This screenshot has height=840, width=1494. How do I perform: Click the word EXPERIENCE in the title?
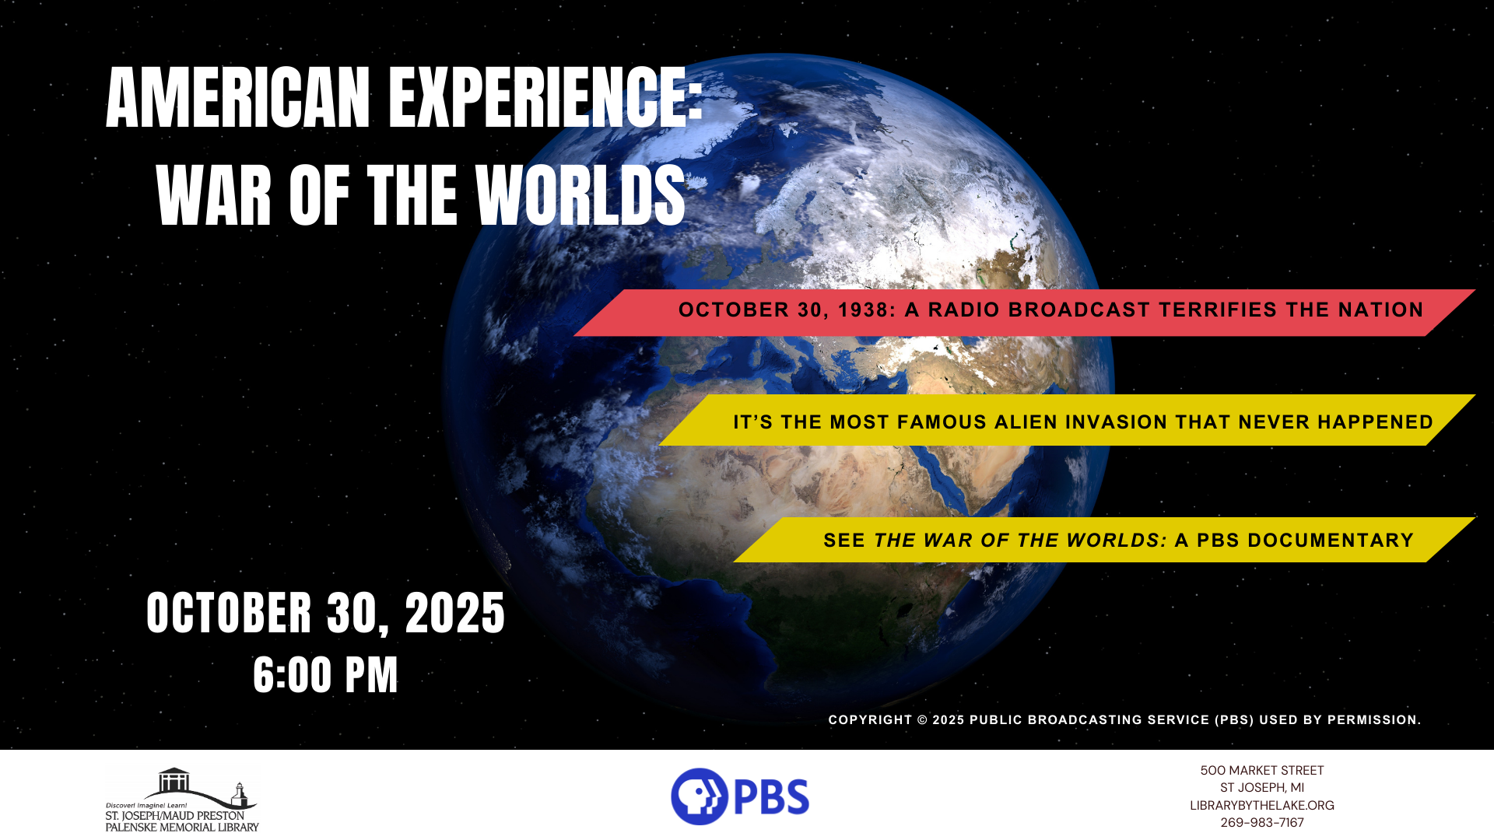(545, 98)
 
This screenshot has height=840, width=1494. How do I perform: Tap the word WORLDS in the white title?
(580, 196)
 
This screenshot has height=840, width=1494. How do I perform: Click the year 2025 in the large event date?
(455, 614)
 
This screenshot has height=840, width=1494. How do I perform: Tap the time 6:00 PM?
(325, 675)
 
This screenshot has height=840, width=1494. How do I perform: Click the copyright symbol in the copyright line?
(922, 720)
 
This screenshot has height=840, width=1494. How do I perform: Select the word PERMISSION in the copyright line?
(1373, 720)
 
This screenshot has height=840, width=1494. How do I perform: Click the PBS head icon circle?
(699, 796)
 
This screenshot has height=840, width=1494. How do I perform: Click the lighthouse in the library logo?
(239, 796)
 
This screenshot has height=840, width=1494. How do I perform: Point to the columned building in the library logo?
(174, 780)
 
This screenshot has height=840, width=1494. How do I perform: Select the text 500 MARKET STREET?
(1261, 771)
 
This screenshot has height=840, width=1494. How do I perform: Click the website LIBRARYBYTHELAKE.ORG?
(1261, 806)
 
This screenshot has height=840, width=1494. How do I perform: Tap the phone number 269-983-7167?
(1261, 823)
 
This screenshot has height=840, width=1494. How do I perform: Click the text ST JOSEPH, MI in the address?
(1261, 788)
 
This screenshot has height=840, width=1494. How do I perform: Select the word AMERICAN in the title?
(238, 98)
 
